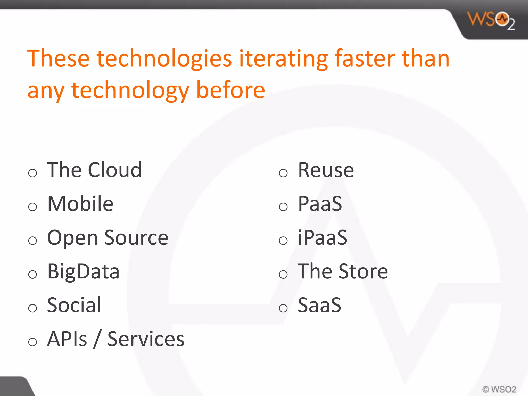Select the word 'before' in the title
[230, 90]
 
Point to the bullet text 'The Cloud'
[94, 170]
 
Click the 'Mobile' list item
[80, 204]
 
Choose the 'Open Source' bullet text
[108, 238]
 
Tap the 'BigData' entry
[84, 271]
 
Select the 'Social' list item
[74, 305]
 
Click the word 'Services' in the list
[146, 339]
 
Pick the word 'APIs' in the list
[67, 339]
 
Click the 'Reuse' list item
[326, 170]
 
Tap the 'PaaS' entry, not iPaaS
[320, 204]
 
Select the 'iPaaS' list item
[323, 238]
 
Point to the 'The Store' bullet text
[343, 271]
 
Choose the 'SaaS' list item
[319, 305]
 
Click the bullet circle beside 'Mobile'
[33, 207]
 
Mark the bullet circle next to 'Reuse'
[283, 173]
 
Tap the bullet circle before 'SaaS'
[283, 308]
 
